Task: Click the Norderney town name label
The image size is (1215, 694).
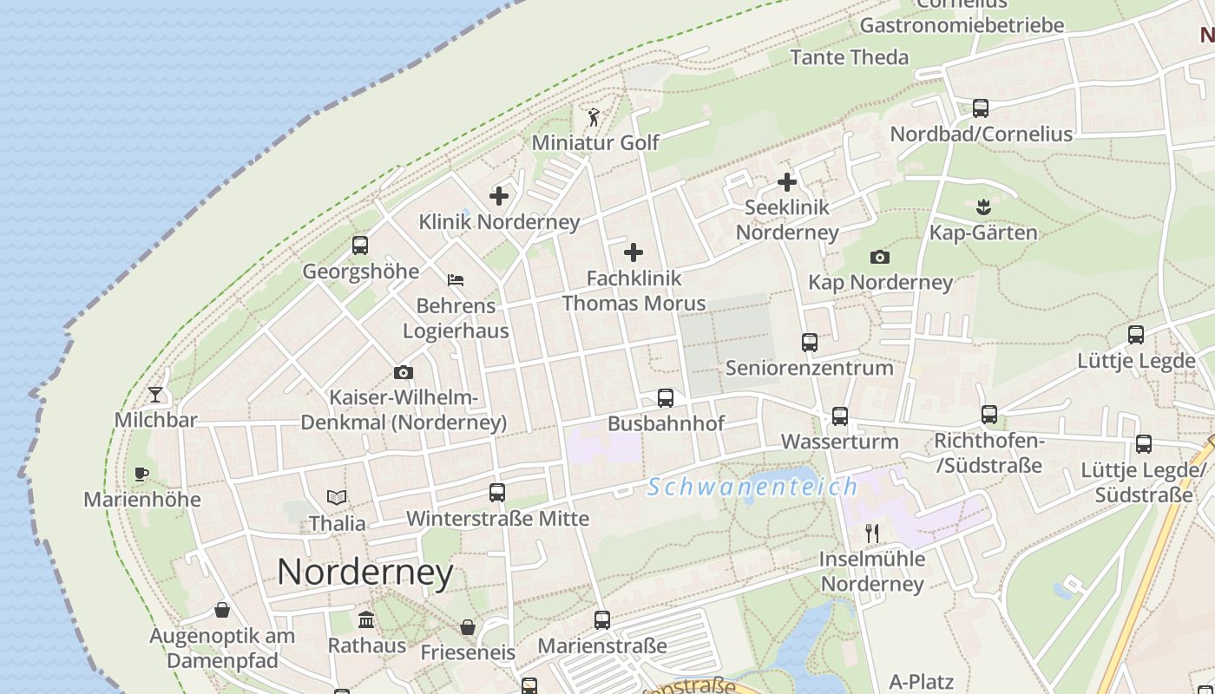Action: tap(364, 573)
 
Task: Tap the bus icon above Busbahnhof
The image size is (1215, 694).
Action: tap(666, 398)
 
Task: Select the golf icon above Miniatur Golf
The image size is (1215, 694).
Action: tap(594, 116)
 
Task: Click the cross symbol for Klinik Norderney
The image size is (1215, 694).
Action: tap(499, 195)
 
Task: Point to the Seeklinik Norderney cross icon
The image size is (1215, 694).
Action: tap(787, 182)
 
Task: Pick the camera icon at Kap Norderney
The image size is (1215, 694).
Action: tap(879, 257)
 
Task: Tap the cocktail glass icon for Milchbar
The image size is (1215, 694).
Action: tap(155, 395)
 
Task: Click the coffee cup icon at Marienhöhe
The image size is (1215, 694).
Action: tap(141, 474)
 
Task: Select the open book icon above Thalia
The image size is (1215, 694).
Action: tap(337, 497)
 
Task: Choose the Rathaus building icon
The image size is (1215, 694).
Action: tap(366, 619)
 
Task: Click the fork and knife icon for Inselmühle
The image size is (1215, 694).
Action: tap(872, 533)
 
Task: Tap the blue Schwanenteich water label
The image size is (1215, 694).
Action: tap(752, 487)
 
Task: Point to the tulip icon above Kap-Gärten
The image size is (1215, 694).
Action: tap(982, 206)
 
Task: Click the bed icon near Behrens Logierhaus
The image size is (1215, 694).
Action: tap(456, 280)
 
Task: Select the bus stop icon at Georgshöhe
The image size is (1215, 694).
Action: tap(360, 246)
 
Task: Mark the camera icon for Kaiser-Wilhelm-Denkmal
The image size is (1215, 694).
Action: tap(404, 372)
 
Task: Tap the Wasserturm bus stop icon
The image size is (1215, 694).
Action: tap(839, 416)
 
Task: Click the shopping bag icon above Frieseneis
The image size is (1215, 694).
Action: tap(468, 626)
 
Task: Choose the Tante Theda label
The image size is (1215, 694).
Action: tap(849, 57)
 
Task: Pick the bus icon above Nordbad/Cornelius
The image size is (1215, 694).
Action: tap(981, 108)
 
